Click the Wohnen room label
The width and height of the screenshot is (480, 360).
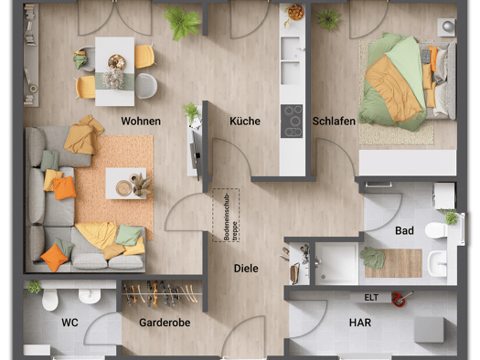click(141, 122)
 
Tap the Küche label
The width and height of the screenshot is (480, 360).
click(245, 122)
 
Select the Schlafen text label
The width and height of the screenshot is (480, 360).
click(334, 122)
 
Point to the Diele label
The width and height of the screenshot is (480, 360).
click(246, 269)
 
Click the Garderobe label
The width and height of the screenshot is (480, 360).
click(165, 323)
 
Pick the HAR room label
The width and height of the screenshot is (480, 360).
click(360, 323)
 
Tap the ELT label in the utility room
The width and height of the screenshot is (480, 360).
click(371, 297)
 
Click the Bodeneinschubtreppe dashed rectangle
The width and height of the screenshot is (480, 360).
click(226, 216)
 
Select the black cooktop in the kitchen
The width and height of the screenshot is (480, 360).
click(292, 122)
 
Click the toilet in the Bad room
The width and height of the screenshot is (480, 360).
click(436, 230)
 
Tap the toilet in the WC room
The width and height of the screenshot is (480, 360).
click(50, 299)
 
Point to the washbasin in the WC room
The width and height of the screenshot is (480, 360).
click(90, 296)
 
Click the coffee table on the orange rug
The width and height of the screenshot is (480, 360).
click(126, 184)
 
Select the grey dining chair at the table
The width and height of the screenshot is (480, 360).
click(146, 86)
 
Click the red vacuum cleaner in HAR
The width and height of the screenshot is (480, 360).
click(400, 299)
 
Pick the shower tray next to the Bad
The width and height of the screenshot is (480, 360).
click(336, 264)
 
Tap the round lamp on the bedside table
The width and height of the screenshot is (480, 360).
click(447, 26)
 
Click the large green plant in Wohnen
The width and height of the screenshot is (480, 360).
click(182, 22)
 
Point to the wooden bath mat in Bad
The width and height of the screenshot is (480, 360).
click(394, 263)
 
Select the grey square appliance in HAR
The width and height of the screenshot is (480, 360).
click(429, 330)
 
